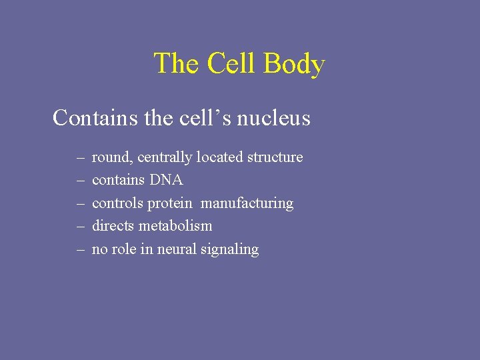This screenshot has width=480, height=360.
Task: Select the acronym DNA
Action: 166,180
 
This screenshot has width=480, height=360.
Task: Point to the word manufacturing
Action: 247,203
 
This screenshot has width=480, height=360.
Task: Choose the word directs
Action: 113,226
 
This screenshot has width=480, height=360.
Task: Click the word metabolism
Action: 175,226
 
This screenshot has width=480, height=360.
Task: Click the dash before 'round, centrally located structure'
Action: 80,159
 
